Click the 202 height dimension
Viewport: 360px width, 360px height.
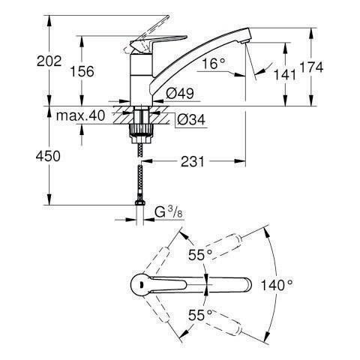click(x=49, y=61)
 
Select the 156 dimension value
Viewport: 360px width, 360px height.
click(x=82, y=71)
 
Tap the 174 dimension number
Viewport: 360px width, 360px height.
click(x=311, y=67)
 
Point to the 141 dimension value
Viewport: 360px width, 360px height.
click(x=285, y=74)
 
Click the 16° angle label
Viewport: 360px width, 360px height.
click(x=214, y=64)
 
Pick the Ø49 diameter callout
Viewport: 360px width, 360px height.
click(x=180, y=94)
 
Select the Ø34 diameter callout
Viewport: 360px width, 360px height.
click(x=191, y=120)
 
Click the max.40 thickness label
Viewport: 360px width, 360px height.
click(x=80, y=115)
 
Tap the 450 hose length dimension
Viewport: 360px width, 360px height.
click(x=48, y=157)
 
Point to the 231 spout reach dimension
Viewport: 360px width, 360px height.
click(x=193, y=161)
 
